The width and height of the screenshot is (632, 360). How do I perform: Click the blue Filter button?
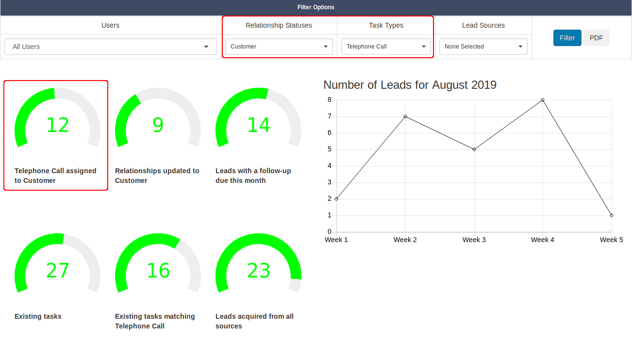coord(567,38)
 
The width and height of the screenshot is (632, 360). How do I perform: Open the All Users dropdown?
coord(111,47)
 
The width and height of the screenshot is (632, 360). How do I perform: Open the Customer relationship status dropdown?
coord(279,47)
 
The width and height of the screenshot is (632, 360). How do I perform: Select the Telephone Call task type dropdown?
coord(386,47)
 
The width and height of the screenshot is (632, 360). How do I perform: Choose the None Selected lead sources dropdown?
coord(483,47)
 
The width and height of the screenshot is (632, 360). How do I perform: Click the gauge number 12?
coord(58,125)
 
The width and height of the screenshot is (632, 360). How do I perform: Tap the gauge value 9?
coord(158,125)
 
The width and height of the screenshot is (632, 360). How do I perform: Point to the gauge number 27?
coord(58,271)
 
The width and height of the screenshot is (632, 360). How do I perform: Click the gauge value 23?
coord(259,271)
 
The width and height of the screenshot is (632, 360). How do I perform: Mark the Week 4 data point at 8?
coord(543,100)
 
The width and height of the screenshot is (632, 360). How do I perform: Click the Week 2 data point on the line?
coord(405,116)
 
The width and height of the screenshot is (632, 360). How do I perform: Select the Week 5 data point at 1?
coord(611,215)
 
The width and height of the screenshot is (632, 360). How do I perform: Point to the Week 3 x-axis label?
coord(474,240)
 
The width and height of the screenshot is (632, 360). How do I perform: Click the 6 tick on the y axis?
coord(330,133)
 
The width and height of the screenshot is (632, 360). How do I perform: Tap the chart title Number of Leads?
coord(410,85)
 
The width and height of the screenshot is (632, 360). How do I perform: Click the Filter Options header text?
coord(316,7)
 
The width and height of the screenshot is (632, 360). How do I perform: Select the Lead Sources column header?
coord(483,25)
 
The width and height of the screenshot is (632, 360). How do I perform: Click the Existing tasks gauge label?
coord(38,316)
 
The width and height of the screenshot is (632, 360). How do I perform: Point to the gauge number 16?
coord(158,271)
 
